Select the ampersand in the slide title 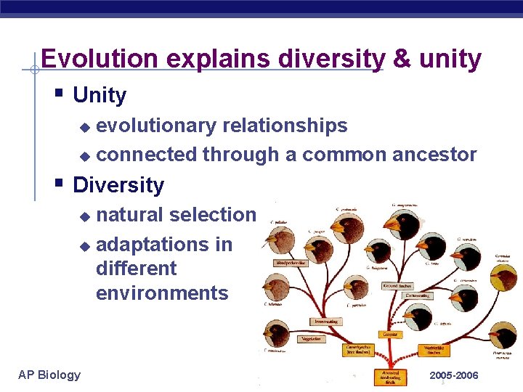[x=401, y=59]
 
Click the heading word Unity [x=100, y=95]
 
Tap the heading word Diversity [x=118, y=185]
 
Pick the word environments [x=161, y=293]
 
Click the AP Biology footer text [x=49, y=375]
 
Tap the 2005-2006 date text [x=453, y=375]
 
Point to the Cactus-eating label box [x=417, y=295]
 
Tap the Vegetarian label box [x=312, y=338]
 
